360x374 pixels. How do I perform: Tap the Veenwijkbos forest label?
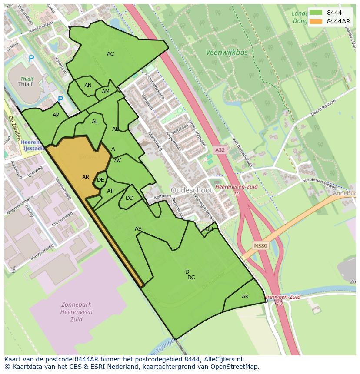pos(227,53)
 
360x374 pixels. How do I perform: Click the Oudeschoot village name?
pos(191,190)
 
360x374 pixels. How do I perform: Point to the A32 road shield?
pos(220,150)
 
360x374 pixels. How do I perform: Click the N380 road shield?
pos(260,246)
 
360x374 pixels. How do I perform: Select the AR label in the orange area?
pos(86,177)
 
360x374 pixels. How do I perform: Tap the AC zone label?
pos(110,54)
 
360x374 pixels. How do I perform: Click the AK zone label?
pos(245,297)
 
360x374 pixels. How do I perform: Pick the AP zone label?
pos(56,115)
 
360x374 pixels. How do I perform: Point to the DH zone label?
pos(209,229)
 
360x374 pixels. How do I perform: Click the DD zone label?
pos(130,198)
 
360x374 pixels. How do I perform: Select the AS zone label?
pos(138,229)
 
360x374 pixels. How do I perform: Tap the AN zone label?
pos(88,86)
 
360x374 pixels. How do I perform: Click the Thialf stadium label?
pos(28,85)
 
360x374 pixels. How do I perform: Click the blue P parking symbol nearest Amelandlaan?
pos(31,58)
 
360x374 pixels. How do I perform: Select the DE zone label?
pos(100,180)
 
